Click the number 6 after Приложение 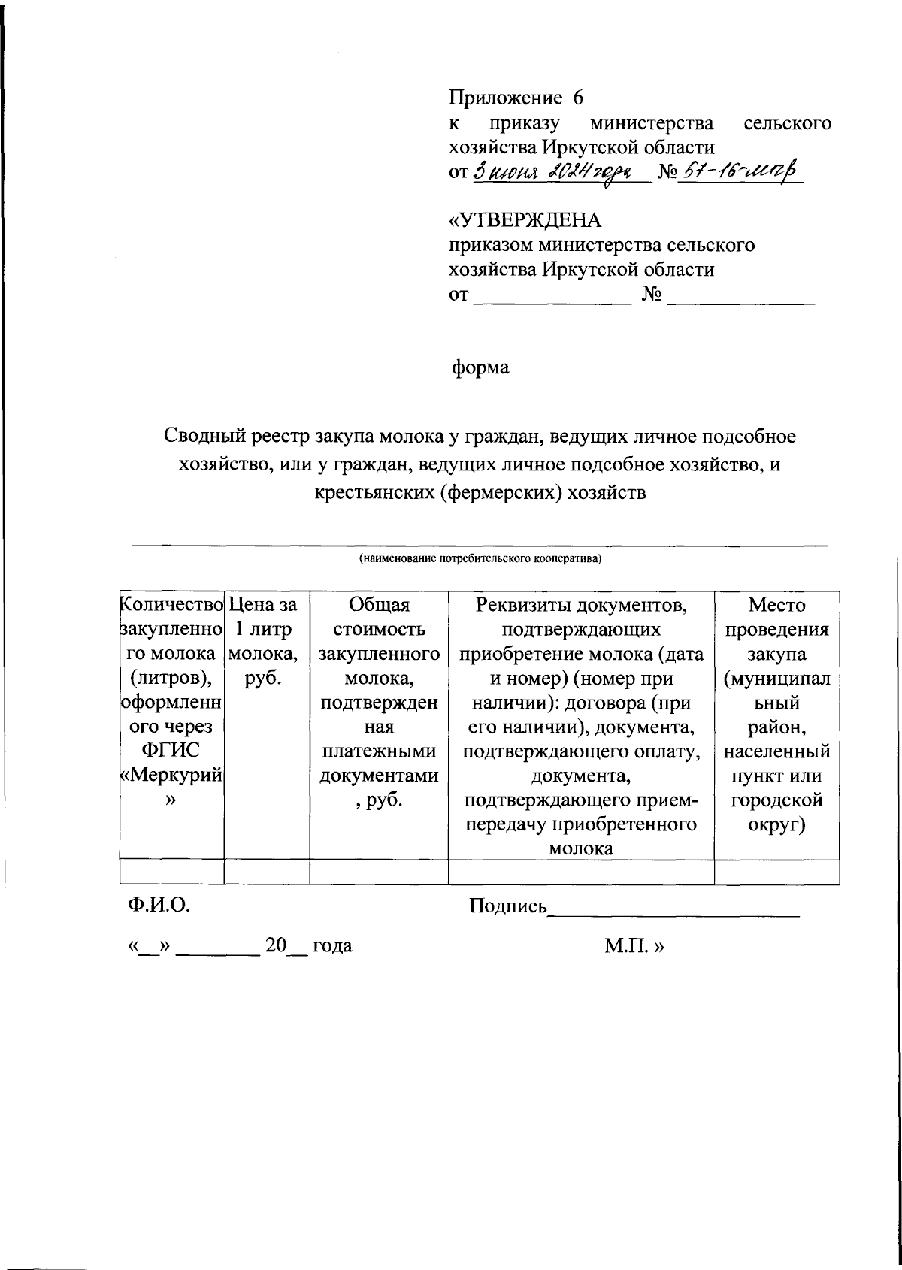[577, 98]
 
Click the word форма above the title [480, 368]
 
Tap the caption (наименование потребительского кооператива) [480, 558]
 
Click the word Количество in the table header [172, 605]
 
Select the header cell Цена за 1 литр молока [267, 641]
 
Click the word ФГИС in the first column [171, 751]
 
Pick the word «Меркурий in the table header [172, 775]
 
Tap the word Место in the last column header [776, 605]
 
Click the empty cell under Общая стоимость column [379, 872]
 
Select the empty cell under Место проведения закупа [776, 872]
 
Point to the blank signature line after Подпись [674, 911]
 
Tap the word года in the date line [332, 945]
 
